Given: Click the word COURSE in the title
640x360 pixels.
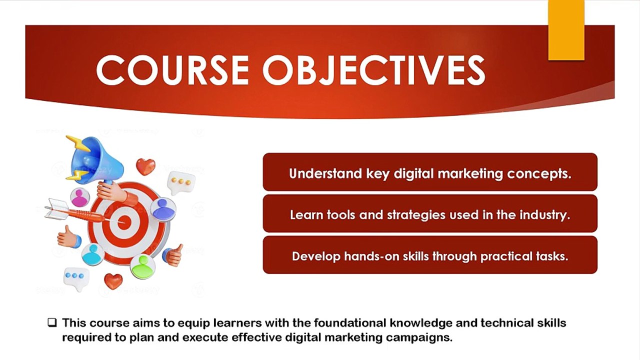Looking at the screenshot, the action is [x=172, y=70].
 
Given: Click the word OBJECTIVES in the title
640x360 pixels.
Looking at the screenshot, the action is [x=373, y=70].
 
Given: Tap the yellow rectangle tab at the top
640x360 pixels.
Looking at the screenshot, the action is [x=566, y=30].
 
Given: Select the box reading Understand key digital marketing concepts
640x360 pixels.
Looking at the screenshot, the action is [x=430, y=172].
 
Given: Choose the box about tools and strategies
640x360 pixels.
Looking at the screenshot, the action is [x=430, y=213].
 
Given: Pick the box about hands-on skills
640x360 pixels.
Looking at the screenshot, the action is [x=430, y=255].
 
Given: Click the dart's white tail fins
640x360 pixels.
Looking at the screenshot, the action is [x=56, y=209].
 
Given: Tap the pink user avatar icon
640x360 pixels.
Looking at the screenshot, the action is [x=79, y=197].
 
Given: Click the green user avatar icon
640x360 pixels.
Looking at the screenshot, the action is [x=142, y=267].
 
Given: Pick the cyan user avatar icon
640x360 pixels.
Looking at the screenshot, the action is [x=93, y=254].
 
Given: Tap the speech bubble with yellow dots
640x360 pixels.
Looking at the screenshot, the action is [x=181, y=182].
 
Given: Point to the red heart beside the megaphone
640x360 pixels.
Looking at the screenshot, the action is [x=145, y=166].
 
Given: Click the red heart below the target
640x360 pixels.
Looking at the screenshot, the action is [x=113, y=281].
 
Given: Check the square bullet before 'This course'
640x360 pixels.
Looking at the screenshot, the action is [x=52, y=323].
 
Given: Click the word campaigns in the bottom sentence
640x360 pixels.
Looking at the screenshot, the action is [x=419, y=337].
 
